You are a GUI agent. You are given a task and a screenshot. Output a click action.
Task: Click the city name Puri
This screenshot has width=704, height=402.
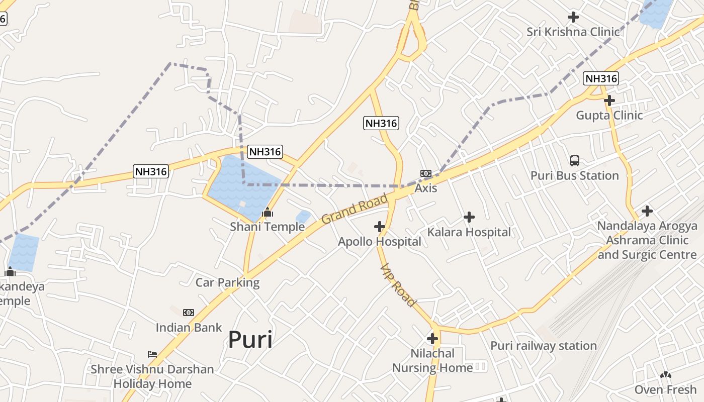tap(250, 340)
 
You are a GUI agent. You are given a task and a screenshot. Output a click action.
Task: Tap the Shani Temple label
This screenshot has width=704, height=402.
tap(267, 227)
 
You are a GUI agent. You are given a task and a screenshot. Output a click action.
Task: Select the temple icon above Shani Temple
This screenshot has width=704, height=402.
tap(268, 212)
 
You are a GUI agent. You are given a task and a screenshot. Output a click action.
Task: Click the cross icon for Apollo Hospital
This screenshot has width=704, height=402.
tap(380, 227)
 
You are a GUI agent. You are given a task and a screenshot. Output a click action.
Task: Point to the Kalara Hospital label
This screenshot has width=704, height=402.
tap(469, 232)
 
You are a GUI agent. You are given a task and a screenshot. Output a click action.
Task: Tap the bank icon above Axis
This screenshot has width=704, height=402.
tap(426, 173)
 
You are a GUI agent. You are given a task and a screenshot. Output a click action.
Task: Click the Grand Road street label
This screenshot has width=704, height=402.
tap(355, 209)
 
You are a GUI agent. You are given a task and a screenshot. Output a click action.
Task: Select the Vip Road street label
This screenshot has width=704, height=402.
tap(398, 285)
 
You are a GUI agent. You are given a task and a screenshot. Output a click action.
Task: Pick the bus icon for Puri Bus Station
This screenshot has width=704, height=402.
tap(575, 161)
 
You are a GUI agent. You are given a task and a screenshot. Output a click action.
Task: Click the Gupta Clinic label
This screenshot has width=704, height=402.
tap(609, 115)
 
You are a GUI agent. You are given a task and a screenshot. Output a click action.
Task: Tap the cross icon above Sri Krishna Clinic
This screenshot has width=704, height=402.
tap(573, 17)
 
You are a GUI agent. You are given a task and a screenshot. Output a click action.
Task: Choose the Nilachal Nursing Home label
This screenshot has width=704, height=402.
tap(432, 360)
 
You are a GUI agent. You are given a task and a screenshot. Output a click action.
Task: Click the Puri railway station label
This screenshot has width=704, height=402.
tap(543, 346)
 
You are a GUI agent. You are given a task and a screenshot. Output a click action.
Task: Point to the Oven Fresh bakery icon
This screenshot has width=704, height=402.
tap(665, 375)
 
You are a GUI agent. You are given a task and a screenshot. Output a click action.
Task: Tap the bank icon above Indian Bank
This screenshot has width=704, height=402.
tap(189, 313)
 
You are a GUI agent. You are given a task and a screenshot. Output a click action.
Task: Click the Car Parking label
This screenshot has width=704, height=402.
tap(227, 282)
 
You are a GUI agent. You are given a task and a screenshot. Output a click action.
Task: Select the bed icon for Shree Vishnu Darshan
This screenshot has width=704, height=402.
tap(152, 354)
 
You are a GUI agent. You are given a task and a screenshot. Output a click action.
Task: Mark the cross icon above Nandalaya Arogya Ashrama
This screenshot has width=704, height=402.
tap(647, 211)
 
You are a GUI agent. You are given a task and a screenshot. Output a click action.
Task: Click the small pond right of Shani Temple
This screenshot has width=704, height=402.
tap(303, 217)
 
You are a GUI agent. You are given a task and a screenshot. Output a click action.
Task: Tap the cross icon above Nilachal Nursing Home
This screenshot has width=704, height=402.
tap(432, 338)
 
